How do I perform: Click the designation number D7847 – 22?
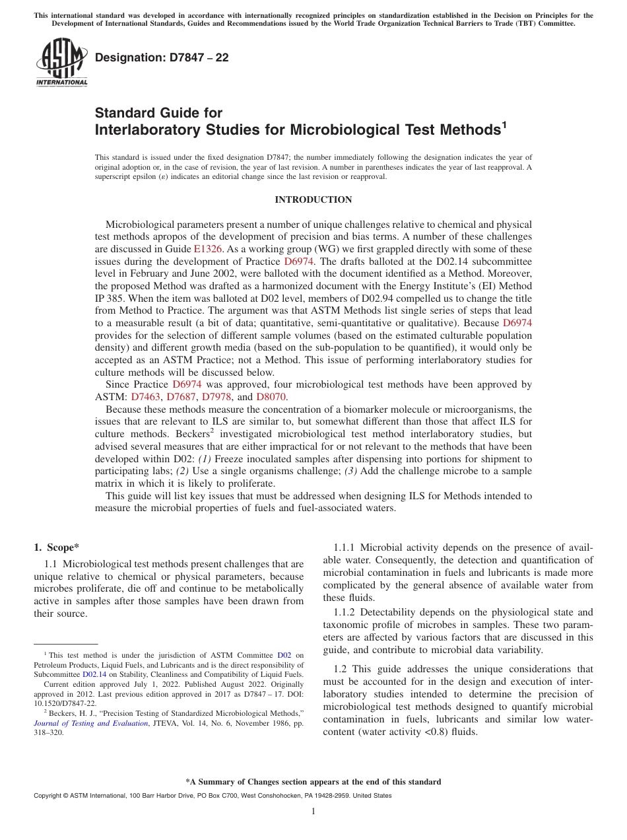click(162, 58)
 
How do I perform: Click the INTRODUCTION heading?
click(313, 199)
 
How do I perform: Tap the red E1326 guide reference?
click(207, 249)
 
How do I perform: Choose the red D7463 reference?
click(146, 397)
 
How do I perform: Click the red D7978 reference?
click(216, 397)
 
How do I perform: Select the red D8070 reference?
click(271, 397)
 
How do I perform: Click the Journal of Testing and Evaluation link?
click(90, 723)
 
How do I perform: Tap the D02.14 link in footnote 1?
click(94, 674)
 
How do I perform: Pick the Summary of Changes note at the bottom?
click(313, 782)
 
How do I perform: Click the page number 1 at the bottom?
click(313, 811)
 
